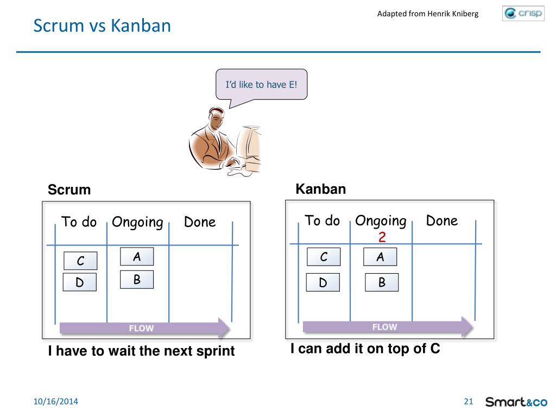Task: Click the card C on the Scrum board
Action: (x=80, y=261)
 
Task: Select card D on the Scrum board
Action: (x=80, y=282)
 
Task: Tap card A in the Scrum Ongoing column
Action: (x=137, y=256)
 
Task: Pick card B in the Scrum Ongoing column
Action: (x=137, y=280)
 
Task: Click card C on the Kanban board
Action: (x=324, y=257)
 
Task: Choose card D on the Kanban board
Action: (x=323, y=282)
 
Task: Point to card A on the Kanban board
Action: (x=380, y=257)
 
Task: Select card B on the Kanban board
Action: (x=382, y=282)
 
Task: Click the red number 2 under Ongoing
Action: (x=382, y=237)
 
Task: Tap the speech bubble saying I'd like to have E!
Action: (x=262, y=84)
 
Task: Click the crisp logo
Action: (x=523, y=14)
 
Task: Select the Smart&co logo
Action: (x=516, y=402)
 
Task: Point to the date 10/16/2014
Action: (x=56, y=401)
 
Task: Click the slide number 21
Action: (x=469, y=401)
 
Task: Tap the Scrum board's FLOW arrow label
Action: (x=141, y=328)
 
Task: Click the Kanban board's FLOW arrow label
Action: (x=385, y=327)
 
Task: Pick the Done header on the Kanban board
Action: (x=442, y=220)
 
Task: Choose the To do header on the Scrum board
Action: (x=79, y=222)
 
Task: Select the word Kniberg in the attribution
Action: (x=465, y=14)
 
